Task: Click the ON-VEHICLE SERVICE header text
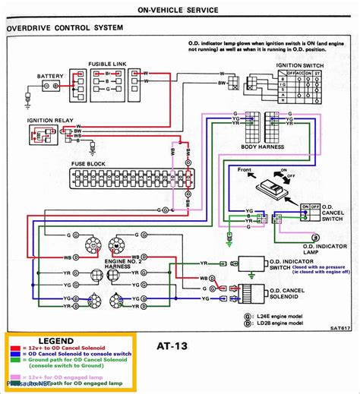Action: pyautogui.click(x=179, y=9)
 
